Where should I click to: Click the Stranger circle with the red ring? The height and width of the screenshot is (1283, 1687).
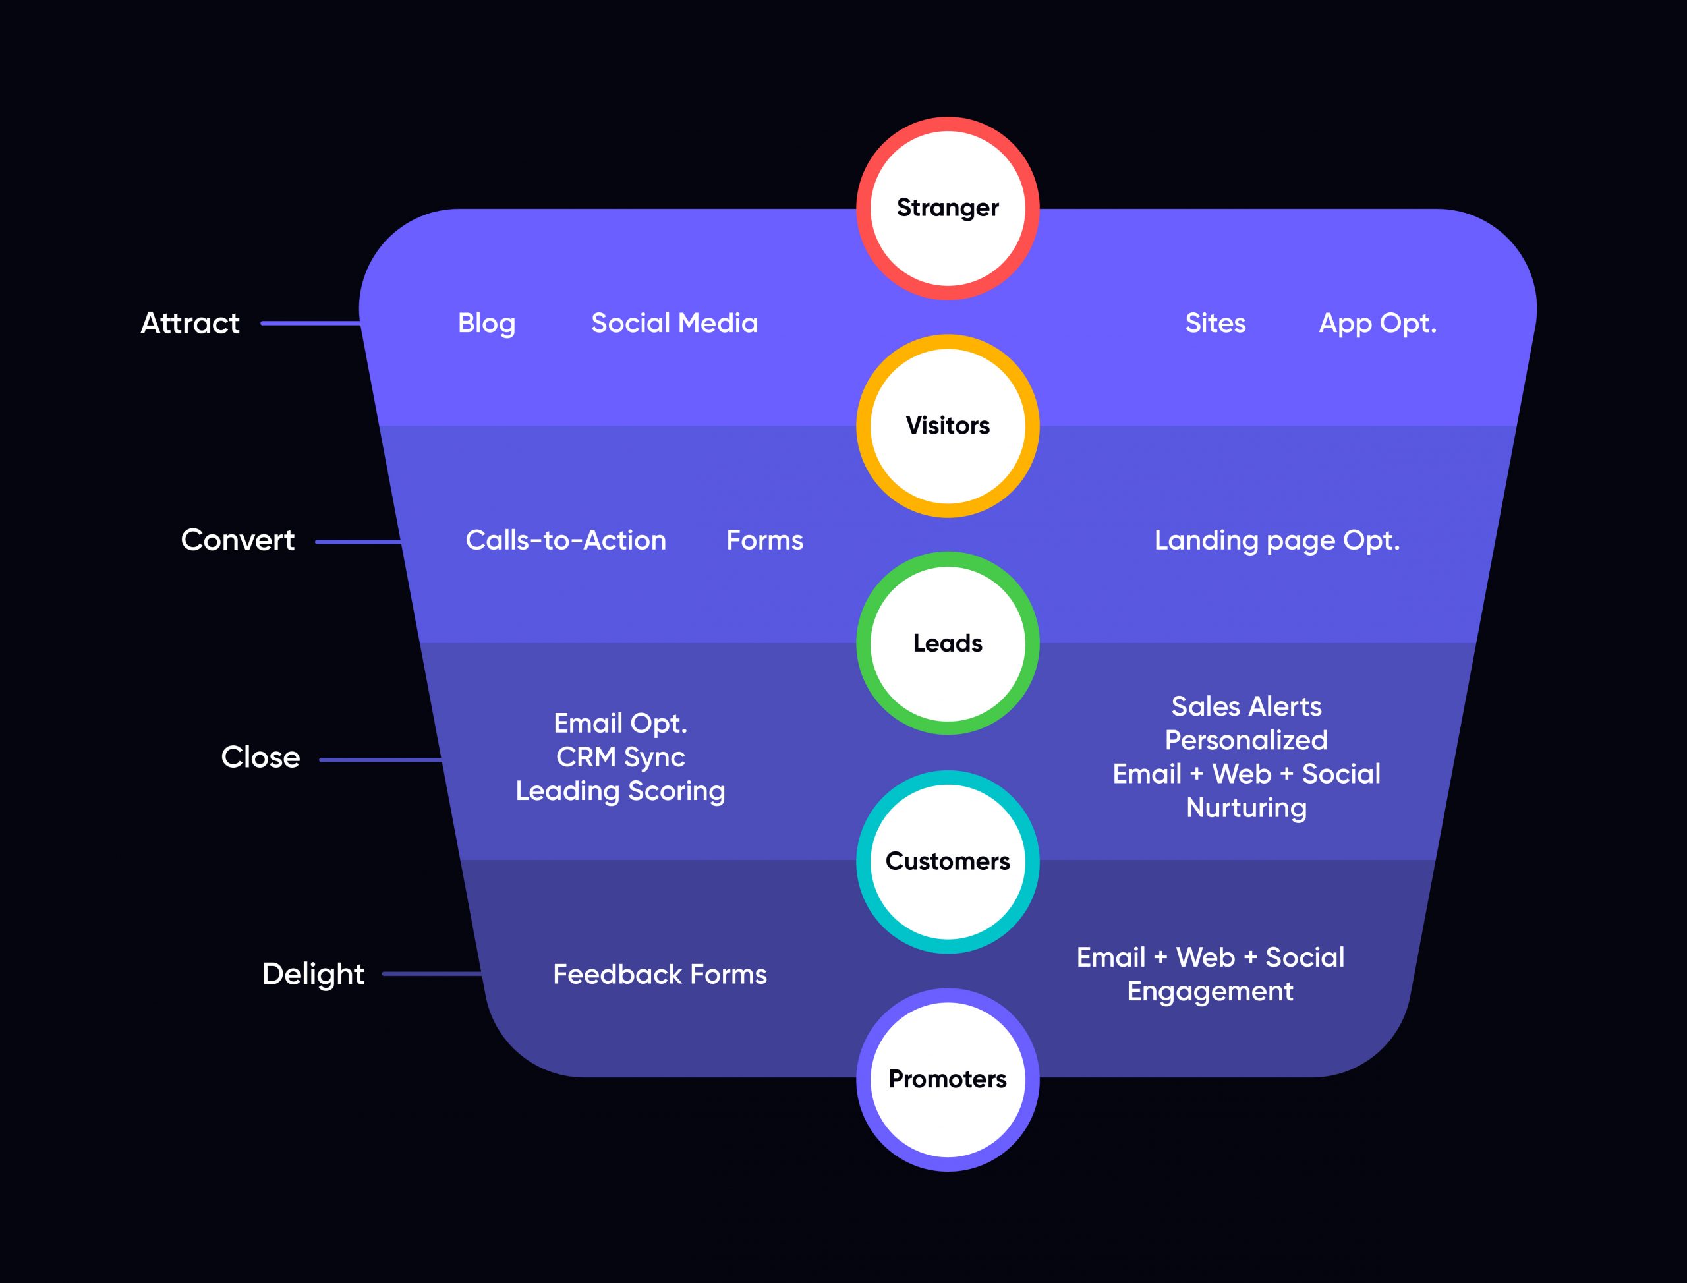coord(947,208)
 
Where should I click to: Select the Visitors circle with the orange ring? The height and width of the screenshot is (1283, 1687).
coord(947,426)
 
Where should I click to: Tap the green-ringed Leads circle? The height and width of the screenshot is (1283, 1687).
coord(947,643)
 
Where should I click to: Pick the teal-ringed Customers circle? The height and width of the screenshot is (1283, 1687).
coord(947,861)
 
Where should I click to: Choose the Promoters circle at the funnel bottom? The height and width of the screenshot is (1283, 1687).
coord(947,1078)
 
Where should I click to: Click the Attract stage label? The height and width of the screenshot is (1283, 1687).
coord(190,323)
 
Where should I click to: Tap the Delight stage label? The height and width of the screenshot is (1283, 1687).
coord(313,975)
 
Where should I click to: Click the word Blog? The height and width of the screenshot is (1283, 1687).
coord(486,323)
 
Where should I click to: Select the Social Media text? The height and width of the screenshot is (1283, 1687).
coord(674,323)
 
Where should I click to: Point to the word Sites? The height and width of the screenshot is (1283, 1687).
coord(1215,323)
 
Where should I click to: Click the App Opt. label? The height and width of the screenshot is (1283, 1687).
coord(1378,323)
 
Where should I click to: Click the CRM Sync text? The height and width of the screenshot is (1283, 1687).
coord(620,756)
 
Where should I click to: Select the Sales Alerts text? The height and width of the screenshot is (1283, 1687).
coord(1246,706)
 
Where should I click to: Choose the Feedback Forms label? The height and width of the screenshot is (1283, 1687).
coord(660,975)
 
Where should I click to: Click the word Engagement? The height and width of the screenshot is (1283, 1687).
coord(1211,991)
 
